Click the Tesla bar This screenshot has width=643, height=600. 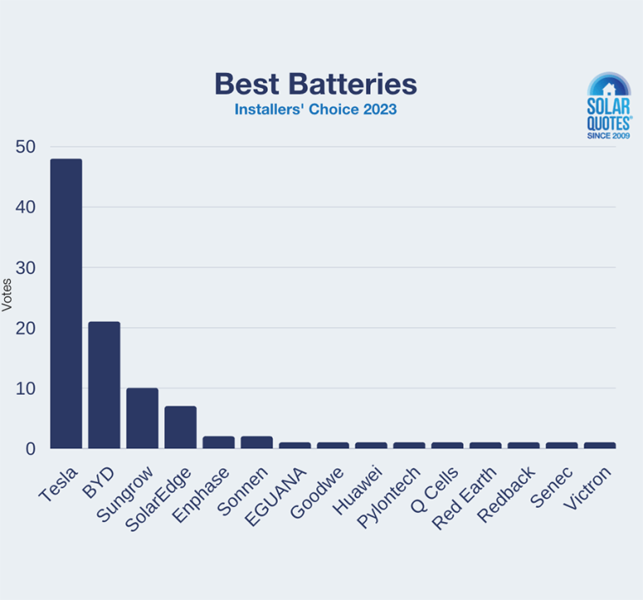(66, 303)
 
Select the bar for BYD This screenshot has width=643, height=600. (105, 385)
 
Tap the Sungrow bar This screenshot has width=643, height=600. (142, 418)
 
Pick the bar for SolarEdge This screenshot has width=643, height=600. (180, 427)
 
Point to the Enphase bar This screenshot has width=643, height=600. (219, 442)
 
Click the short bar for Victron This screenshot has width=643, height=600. (599, 446)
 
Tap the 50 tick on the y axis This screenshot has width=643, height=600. (25, 147)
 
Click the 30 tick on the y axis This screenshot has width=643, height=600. (25, 268)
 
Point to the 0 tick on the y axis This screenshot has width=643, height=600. (30, 449)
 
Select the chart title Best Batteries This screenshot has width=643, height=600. (315, 84)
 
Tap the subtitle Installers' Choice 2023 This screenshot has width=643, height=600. (315, 110)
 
